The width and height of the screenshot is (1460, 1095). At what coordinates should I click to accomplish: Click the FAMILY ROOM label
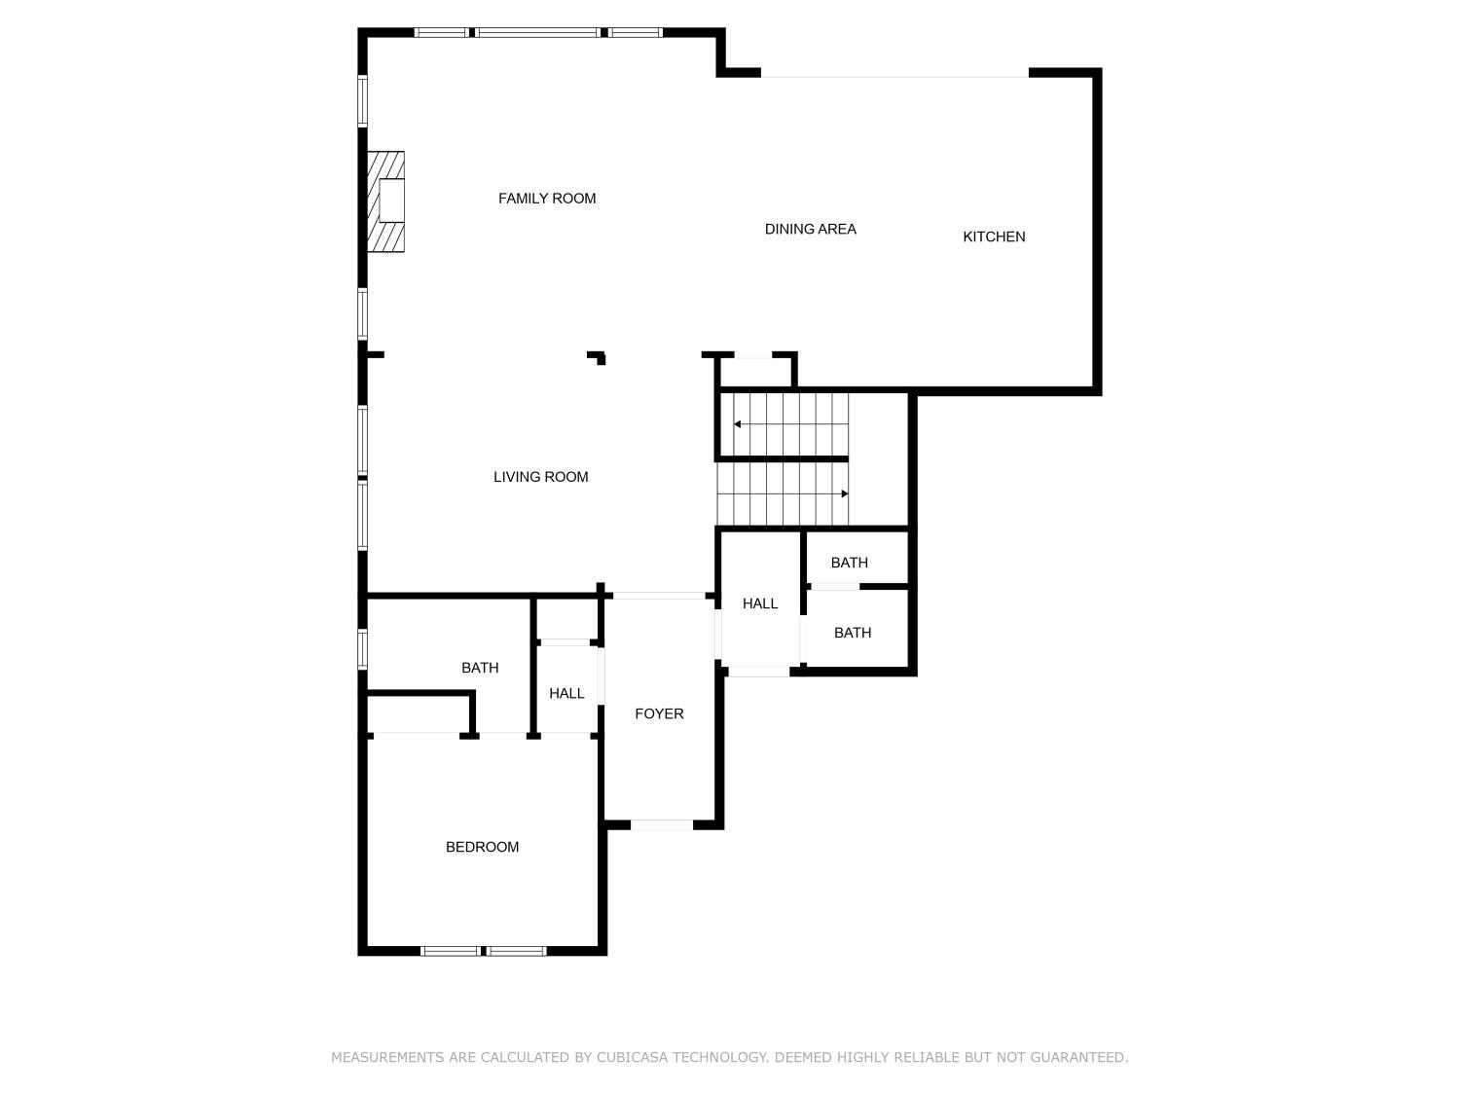click(546, 199)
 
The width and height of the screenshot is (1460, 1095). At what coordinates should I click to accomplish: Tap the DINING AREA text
click(810, 230)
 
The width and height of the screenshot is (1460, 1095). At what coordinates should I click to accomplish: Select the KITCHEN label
click(993, 237)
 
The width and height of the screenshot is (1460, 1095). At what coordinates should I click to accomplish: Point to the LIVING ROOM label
click(540, 477)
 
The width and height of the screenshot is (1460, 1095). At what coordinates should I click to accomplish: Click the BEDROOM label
click(482, 847)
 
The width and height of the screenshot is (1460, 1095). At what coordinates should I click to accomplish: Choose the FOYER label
click(659, 713)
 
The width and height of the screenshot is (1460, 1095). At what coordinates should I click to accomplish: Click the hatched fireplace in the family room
click(385, 201)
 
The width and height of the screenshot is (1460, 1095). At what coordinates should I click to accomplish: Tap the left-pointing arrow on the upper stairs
click(738, 424)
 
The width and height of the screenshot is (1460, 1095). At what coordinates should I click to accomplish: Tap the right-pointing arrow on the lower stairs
click(844, 493)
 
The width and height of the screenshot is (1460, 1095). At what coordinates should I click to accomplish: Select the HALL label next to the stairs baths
click(759, 603)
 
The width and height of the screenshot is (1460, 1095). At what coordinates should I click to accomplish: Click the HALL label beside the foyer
click(566, 693)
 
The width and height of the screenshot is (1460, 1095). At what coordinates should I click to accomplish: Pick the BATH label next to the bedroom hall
click(480, 668)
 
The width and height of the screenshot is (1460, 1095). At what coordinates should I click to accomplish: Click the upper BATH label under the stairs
click(849, 563)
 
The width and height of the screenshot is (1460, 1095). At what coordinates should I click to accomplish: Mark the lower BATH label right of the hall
click(852, 633)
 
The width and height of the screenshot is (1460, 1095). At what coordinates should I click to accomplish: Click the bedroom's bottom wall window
click(483, 950)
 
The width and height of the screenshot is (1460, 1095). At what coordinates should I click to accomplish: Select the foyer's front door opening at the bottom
click(662, 824)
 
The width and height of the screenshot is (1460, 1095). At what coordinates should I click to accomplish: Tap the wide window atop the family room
click(538, 32)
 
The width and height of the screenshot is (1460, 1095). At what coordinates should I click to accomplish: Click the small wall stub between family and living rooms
click(598, 357)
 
